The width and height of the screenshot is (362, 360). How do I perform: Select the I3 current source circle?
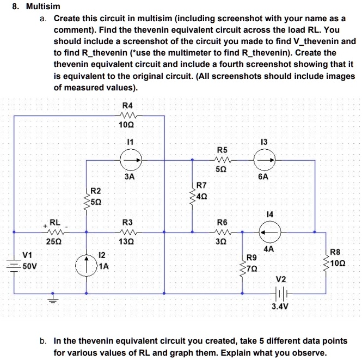pos(265,160)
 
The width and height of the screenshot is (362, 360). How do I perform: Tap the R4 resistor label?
pos(128,105)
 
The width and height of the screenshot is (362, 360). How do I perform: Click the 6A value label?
pos(265,177)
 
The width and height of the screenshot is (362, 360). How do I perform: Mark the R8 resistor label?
pos(336,252)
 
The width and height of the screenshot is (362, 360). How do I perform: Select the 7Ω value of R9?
pos(251,269)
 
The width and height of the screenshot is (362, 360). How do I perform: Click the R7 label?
pos(201,186)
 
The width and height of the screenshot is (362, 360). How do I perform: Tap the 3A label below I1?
pos(129,177)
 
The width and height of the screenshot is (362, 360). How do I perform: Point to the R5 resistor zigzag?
pos(223,160)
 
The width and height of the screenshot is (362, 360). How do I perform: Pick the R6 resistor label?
pos(222,222)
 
